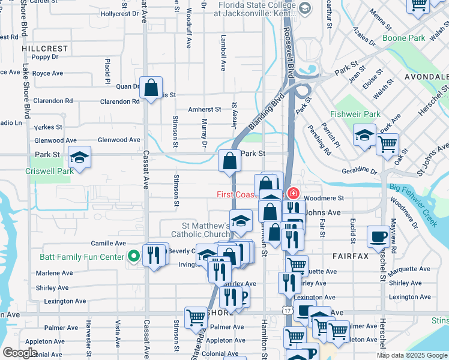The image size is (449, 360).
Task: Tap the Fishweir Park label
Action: click(355, 114)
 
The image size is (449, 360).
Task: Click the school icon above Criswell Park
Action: click(79, 158)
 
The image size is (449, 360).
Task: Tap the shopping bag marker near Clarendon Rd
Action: click(151, 88)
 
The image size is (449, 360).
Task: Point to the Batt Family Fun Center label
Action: click(82, 257)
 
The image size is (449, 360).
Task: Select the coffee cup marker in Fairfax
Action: click(378, 236)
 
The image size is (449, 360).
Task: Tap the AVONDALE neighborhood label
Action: click(426, 77)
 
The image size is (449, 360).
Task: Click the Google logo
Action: click(20, 353)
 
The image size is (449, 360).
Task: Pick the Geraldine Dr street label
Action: click(358, 171)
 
